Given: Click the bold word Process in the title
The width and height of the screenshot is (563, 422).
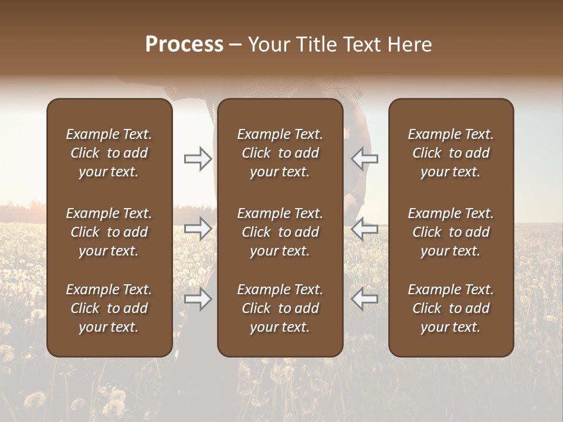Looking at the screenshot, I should (x=184, y=45).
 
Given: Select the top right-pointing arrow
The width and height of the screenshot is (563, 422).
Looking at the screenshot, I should (x=198, y=158).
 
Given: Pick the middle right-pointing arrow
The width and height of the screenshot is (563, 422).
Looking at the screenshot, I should (x=198, y=229).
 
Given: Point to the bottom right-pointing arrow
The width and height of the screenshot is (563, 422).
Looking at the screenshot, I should (x=198, y=299).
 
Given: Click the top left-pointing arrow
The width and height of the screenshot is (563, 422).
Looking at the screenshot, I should (x=365, y=158).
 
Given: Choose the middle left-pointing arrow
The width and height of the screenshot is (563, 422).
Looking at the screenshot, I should (x=365, y=229).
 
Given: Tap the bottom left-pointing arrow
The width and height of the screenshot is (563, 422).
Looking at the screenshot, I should (x=365, y=299).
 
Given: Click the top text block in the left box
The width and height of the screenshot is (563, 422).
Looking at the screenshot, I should (x=109, y=153).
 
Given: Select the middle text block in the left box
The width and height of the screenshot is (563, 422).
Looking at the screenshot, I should (x=109, y=232).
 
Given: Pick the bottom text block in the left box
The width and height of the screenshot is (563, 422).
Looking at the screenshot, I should (x=109, y=308).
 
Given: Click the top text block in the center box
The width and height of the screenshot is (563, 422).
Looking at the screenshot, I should (x=280, y=153).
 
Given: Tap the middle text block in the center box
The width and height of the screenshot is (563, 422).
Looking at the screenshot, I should (x=280, y=232).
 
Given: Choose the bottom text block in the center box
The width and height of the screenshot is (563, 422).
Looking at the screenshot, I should (x=280, y=308).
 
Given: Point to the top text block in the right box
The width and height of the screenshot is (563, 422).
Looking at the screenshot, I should (x=451, y=153).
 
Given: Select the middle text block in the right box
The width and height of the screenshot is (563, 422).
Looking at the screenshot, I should (x=451, y=232).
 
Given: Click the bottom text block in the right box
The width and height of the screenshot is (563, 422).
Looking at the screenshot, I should (x=451, y=308).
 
